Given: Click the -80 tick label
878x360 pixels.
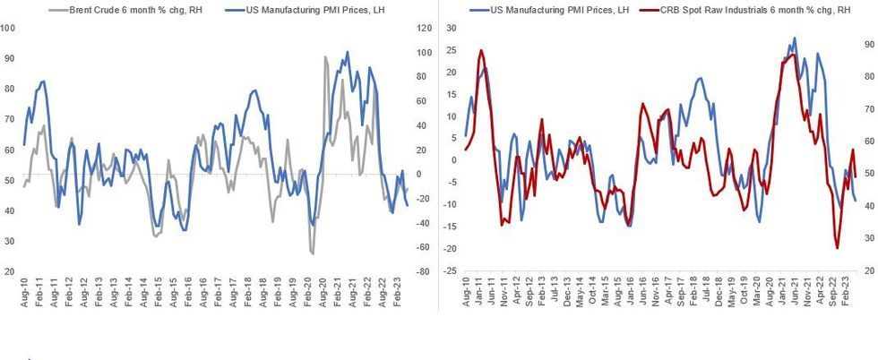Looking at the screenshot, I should tap(421, 271).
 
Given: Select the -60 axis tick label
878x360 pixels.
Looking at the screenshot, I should tap(421, 247).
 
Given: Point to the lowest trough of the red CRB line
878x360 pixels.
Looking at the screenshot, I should tap(838, 248).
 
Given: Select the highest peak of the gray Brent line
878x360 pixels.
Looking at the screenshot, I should tap(325, 57).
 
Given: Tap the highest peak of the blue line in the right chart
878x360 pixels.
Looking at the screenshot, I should tap(794, 39).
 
